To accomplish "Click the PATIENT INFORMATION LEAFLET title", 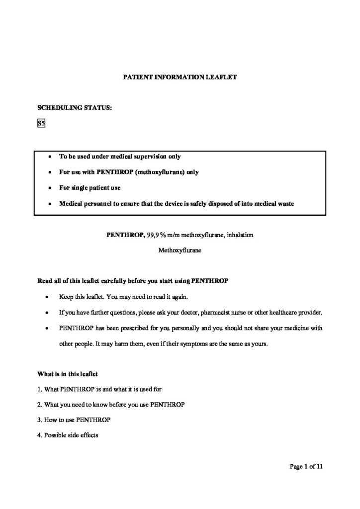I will click(x=180, y=77).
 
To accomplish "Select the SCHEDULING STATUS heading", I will click(x=75, y=106).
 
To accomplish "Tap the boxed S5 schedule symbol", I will click(x=41, y=124).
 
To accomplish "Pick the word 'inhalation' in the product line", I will click(x=240, y=234).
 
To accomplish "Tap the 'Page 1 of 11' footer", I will click(x=306, y=466).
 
